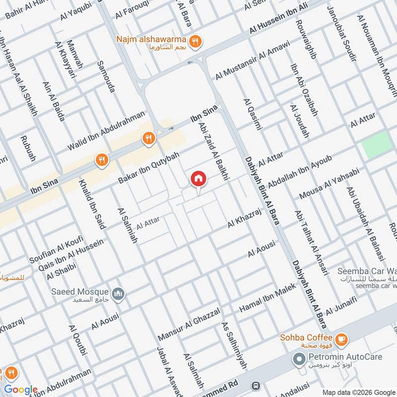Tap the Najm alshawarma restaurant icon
(197, 42)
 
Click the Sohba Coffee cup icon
(341, 339)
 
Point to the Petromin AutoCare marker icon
(299, 358)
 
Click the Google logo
(21, 390)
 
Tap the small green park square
(376, 145)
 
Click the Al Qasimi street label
(252, 116)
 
